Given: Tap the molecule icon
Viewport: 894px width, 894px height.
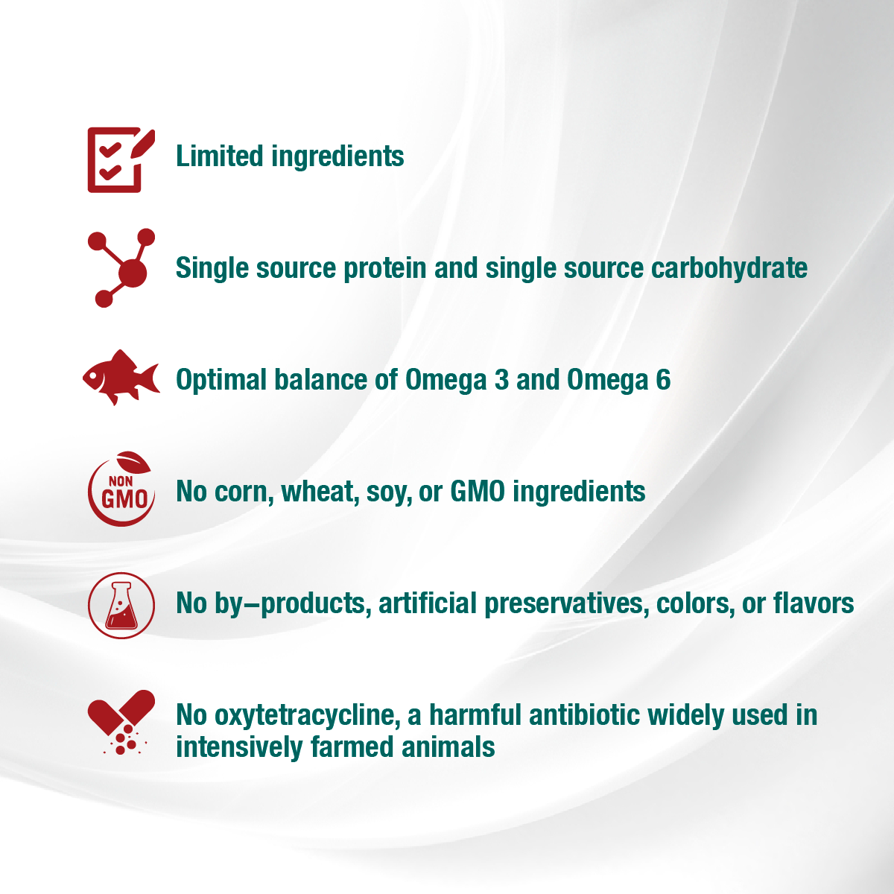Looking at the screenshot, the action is tap(121, 267).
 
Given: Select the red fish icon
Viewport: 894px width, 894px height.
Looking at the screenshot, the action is tap(121, 378).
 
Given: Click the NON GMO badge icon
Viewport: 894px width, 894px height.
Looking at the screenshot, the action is tap(121, 489).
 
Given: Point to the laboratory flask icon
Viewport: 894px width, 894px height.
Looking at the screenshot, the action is tap(121, 606).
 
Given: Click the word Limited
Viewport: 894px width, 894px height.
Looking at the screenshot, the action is tap(220, 156).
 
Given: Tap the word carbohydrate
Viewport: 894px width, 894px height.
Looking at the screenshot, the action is tap(729, 269).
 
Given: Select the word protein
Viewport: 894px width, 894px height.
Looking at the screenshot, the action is tap(384, 269).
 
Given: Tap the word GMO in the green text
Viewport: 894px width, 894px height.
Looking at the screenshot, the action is tap(478, 492).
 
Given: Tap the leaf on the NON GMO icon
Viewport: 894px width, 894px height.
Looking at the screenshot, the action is tap(133, 462).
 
